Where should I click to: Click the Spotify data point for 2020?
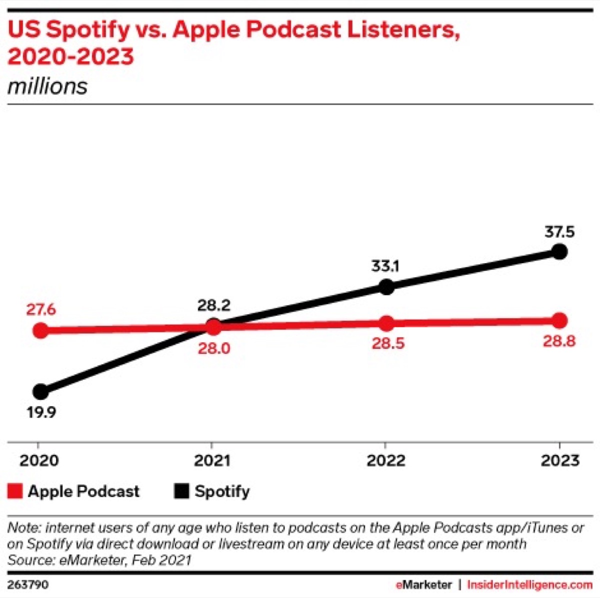click(x=41, y=391)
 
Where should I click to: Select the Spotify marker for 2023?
click(x=559, y=251)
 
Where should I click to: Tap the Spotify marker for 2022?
click(x=386, y=287)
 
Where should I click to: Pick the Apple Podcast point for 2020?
click(x=41, y=330)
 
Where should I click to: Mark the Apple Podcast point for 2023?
click(x=559, y=320)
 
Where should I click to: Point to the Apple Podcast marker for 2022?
click(x=386, y=323)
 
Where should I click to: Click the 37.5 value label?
click(x=559, y=232)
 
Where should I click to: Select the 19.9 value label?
click(x=41, y=413)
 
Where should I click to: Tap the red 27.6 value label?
click(x=41, y=310)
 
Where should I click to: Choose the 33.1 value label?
click(x=385, y=266)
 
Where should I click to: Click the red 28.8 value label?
click(x=559, y=341)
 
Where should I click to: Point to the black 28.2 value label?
click(x=213, y=305)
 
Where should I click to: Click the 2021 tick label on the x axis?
click(x=212, y=460)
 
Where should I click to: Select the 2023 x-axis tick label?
click(x=559, y=460)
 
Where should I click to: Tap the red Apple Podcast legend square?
click(x=15, y=491)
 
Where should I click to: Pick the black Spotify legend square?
click(x=181, y=491)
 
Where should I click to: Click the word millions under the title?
click(x=47, y=86)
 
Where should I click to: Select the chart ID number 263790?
click(x=28, y=584)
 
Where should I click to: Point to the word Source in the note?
click(x=29, y=560)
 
